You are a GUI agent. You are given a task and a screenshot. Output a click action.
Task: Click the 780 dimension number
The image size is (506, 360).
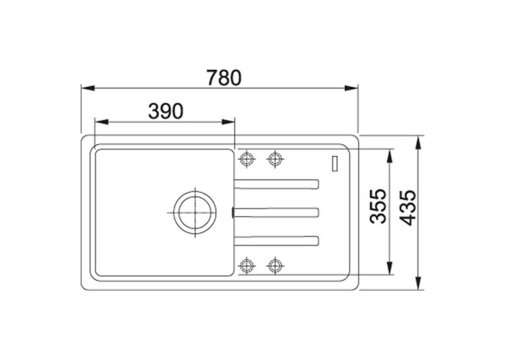coord(224,78)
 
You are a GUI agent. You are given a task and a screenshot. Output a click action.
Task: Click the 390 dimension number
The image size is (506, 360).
coord(166,111)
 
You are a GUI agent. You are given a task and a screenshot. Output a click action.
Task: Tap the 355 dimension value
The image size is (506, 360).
coord(378,206)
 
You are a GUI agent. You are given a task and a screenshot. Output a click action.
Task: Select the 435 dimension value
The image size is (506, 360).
coord(408,207)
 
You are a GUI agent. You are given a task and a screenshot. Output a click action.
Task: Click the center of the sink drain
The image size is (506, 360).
coord(195,213)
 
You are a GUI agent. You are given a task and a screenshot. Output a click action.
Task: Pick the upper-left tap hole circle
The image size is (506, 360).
coord(246,159)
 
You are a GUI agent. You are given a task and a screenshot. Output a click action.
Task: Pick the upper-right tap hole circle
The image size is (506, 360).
coord(275,159)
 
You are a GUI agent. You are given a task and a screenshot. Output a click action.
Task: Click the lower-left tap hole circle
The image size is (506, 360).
coord(246,266)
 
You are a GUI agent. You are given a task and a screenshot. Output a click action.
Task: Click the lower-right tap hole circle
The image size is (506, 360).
coord(275,266)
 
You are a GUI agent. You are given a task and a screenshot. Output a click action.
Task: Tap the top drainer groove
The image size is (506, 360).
coord(277,184)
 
